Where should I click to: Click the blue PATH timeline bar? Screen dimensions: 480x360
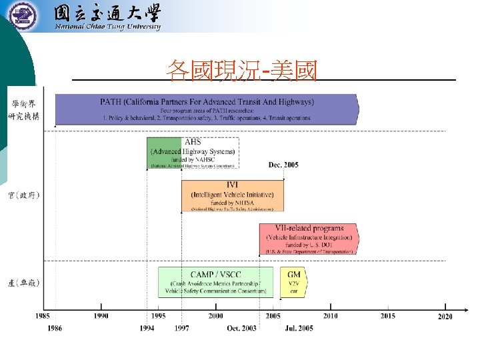click(207, 109)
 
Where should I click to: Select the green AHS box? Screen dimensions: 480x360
click(164, 153)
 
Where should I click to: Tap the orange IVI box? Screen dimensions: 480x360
click(233, 196)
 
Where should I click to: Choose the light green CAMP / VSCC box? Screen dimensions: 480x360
click(215, 282)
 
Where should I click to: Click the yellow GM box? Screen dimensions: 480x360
click(293, 282)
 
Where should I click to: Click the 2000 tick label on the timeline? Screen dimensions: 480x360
click(215, 316)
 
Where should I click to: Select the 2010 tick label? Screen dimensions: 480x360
click(330, 316)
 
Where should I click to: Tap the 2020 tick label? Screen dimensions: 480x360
click(445, 316)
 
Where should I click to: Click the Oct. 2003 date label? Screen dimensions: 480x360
click(241, 328)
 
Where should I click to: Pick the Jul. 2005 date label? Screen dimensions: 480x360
click(299, 328)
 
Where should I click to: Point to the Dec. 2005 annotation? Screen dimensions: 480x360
click(283, 164)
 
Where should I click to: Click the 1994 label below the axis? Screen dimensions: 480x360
click(148, 328)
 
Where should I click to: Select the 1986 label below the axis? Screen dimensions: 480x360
click(55, 328)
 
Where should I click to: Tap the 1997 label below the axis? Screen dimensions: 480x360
click(181, 328)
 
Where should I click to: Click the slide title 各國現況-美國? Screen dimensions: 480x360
click(242, 69)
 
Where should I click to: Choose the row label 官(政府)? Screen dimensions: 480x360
click(23, 195)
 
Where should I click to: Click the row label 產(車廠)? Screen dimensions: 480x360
click(23, 283)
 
